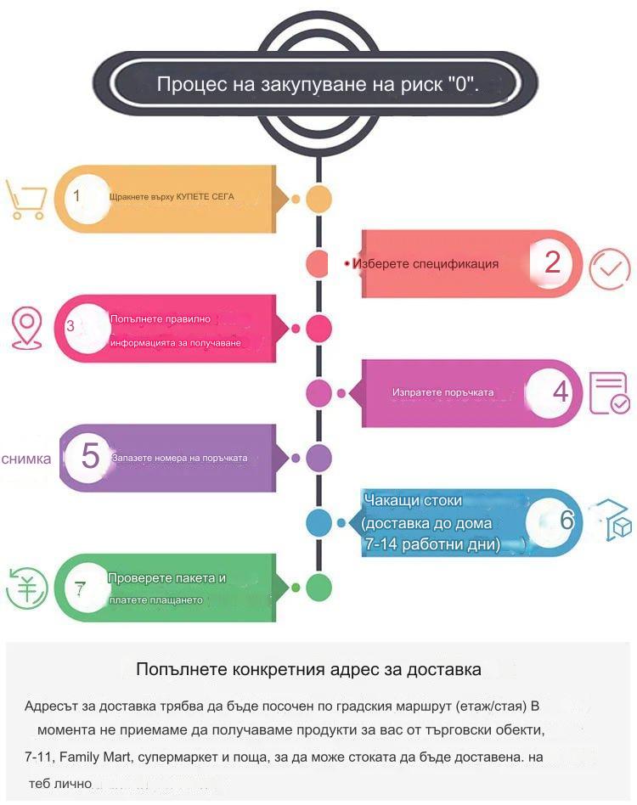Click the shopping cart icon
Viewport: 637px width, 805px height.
point(25,200)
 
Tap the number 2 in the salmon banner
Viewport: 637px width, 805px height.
point(552,262)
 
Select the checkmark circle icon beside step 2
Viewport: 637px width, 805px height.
point(609,269)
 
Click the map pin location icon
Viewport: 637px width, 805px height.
point(26,328)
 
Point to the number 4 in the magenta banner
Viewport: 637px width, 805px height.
point(561,391)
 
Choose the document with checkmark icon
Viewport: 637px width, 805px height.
point(610,393)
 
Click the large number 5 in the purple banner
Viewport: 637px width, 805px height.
point(90,455)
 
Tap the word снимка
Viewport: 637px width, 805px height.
point(26,459)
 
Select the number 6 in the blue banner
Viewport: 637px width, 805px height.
point(567,520)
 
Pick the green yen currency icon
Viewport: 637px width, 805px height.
point(26,588)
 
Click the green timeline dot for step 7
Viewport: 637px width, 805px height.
point(318,588)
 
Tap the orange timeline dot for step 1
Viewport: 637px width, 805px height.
point(318,199)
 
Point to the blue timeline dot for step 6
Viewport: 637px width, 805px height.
point(318,522)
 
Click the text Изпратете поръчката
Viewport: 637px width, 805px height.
point(443,392)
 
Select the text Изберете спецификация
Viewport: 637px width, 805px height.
point(426,264)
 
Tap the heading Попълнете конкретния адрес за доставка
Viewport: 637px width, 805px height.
point(308,669)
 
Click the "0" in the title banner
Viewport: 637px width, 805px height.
point(460,83)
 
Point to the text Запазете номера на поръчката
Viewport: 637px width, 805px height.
point(180,458)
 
